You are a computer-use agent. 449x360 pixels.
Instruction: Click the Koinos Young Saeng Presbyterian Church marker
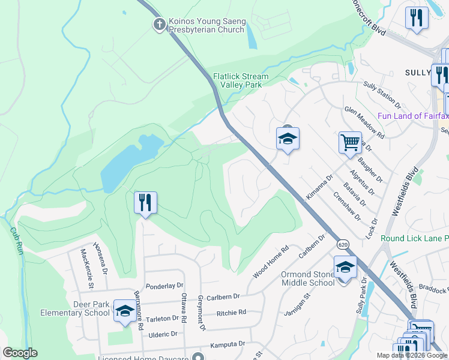point(159,25)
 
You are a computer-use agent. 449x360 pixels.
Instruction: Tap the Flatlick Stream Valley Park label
point(241,81)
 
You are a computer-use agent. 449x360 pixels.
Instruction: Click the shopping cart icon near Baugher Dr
point(350,143)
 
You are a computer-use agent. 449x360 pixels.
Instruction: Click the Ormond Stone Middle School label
point(307,279)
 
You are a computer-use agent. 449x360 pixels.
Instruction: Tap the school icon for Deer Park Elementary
point(125,311)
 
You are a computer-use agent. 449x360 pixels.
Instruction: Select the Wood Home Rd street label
point(271,261)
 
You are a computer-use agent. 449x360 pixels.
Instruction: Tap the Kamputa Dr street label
point(228,344)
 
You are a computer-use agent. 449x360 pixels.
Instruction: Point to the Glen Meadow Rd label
point(364,122)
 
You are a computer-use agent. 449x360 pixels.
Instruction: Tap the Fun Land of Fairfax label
point(413,115)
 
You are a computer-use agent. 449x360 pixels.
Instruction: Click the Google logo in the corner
point(20,353)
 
